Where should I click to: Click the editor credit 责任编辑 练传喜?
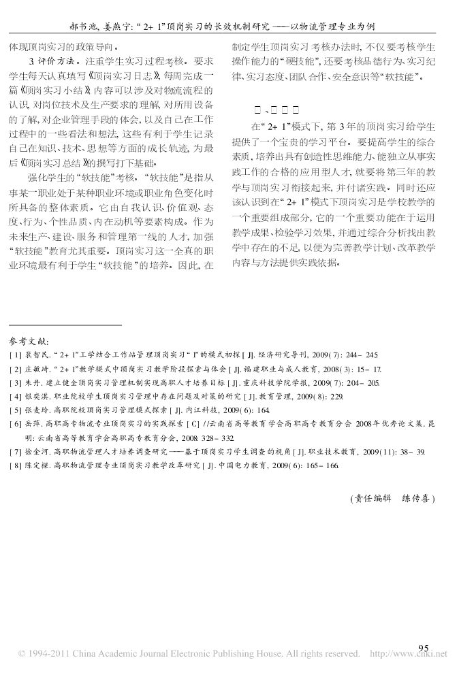[390, 498]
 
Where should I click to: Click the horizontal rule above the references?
[65, 325]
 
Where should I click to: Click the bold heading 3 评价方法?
[45, 61]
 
